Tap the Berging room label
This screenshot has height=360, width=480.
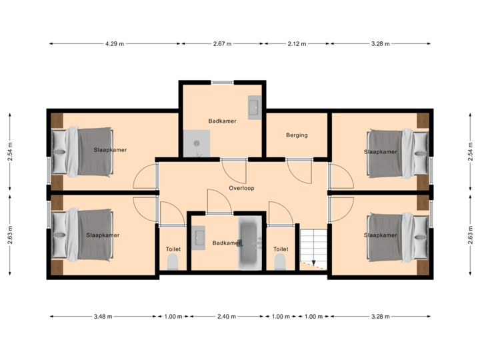pos(297,135)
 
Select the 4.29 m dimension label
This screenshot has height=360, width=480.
pos(114,44)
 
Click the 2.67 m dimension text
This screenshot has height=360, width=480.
pos(223,44)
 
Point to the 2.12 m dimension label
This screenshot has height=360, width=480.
pos(297,44)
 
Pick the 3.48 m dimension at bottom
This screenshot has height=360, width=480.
pos(102,317)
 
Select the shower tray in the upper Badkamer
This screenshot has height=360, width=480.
pos(198,143)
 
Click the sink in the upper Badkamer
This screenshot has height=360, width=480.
pos(254,107)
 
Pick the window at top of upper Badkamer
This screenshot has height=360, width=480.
pos(221,81)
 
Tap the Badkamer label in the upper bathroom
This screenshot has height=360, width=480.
pos(221,121)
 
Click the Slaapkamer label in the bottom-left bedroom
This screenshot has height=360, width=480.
pos(103,235)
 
